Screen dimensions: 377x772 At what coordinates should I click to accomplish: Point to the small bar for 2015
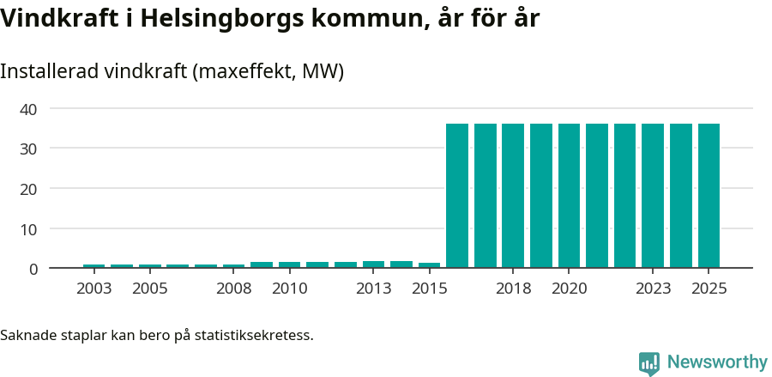429,265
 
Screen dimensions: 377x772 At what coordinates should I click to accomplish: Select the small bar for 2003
93,266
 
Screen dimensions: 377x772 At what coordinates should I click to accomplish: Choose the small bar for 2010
289,265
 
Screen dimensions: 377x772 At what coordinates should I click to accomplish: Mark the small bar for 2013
373,265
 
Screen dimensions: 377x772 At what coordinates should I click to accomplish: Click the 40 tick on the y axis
29,109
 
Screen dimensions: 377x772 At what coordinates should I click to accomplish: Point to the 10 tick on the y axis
29,228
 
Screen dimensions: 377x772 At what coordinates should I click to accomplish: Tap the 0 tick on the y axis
33,269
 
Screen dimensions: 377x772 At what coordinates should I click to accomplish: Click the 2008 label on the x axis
233,289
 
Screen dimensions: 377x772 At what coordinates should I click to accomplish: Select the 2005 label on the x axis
149,289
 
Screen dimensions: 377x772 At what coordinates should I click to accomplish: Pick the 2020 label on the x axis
569,289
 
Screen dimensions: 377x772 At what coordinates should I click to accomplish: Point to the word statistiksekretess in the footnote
253,334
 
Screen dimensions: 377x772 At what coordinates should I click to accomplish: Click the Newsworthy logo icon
649,362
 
